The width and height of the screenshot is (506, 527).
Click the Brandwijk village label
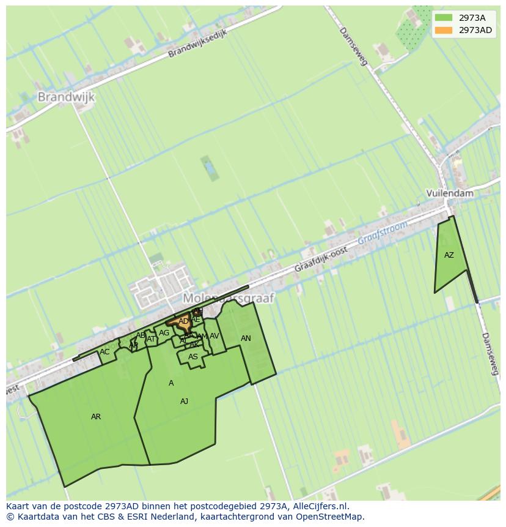point(66,97)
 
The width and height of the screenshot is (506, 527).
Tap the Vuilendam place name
point(450,193)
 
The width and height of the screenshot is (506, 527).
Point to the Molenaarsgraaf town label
point(229,297)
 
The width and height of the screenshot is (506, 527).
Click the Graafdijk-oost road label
point(321,260)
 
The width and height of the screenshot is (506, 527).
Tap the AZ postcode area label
point(449,255)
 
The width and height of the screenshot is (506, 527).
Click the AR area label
point(96,417)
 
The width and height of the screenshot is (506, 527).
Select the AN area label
point(246,338)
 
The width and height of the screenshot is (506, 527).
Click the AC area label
point(105,352)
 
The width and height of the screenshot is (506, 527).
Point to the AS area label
point(193,357)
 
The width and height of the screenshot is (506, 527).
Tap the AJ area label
point(184,402)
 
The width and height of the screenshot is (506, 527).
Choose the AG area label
point(164,333)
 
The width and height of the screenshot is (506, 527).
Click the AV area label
point(215,336)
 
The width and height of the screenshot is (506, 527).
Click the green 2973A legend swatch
point(444,18)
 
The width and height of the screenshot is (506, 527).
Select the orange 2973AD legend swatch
point(444,30)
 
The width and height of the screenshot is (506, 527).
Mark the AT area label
point(151,339)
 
